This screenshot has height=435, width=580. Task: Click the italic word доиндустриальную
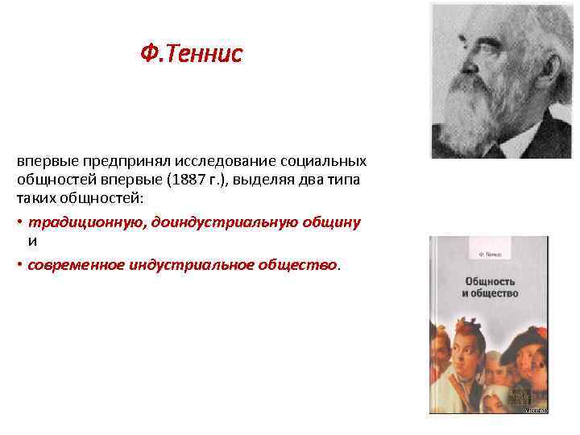204,222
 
